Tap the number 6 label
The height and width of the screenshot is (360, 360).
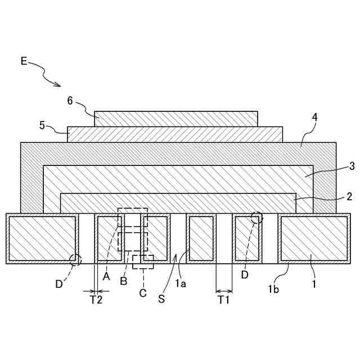click(x=70, y=101)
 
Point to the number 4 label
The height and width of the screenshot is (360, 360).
click(x=315, y=118)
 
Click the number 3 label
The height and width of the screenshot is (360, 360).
click(x=352, y=166)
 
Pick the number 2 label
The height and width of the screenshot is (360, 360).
click(x=349, y=196)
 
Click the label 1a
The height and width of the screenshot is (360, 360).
click(x=181, y=283)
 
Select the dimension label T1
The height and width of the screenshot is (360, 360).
click(x=224, y=300)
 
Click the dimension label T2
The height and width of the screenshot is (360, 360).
click(x=96, y=300)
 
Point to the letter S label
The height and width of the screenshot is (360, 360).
click(x=161, y=299)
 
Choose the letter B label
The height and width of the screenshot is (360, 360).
click(x=123, y=281)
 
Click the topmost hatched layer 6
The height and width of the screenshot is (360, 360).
click(x=176, y=118)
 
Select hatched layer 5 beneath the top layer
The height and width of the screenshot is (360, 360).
click(x=174, y=134)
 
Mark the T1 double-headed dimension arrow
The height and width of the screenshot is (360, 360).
click(x=224, y=291)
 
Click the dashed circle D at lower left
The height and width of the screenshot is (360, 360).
click(x=75, y=259)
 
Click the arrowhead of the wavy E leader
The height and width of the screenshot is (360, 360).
click(x=58, y=85)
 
